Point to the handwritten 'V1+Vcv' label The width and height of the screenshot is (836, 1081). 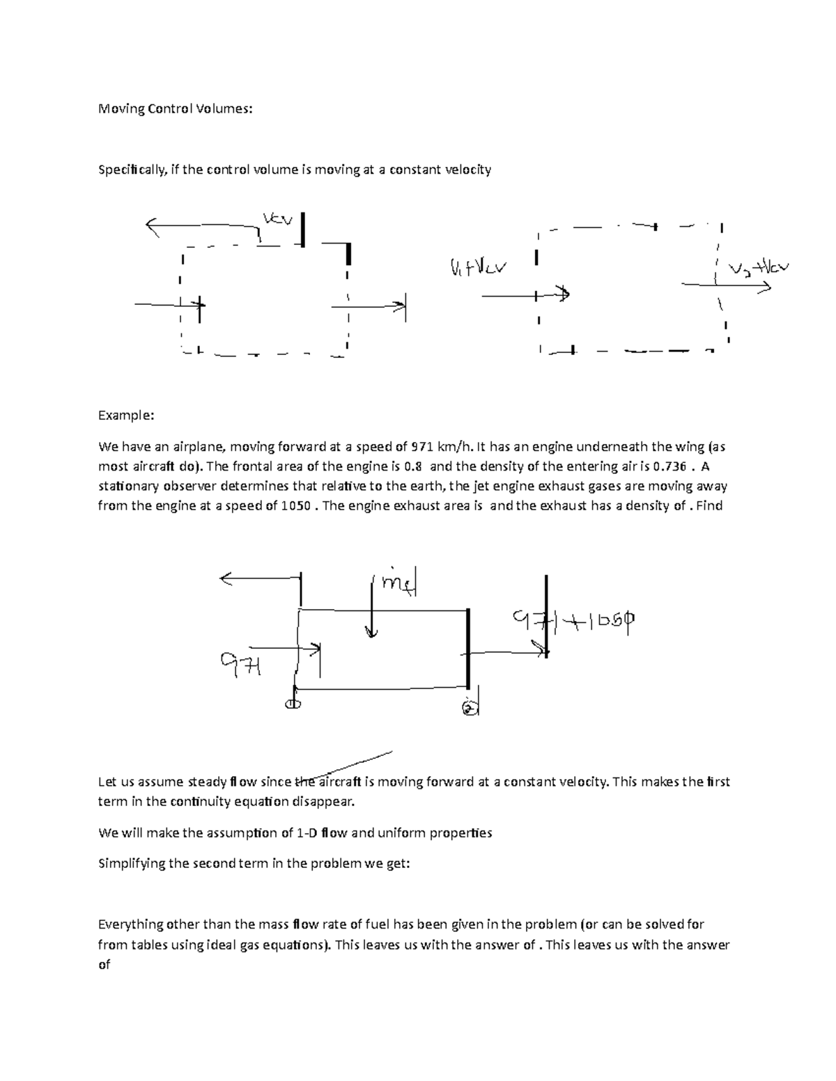click(x=479, y=267)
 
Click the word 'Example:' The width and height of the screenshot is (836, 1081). click(x=125, y=416)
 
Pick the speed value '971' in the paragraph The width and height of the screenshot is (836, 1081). click(x=423, y=447)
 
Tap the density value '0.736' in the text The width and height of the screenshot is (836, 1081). click(x=669, y=466)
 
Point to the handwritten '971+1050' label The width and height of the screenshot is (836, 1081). click(x=575, y=622)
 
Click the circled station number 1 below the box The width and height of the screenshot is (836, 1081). click(x=293, y=704)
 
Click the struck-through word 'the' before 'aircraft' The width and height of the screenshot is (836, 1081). click(x=306, y=782)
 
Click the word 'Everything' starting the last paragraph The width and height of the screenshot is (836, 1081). click(x=130, y=925)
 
